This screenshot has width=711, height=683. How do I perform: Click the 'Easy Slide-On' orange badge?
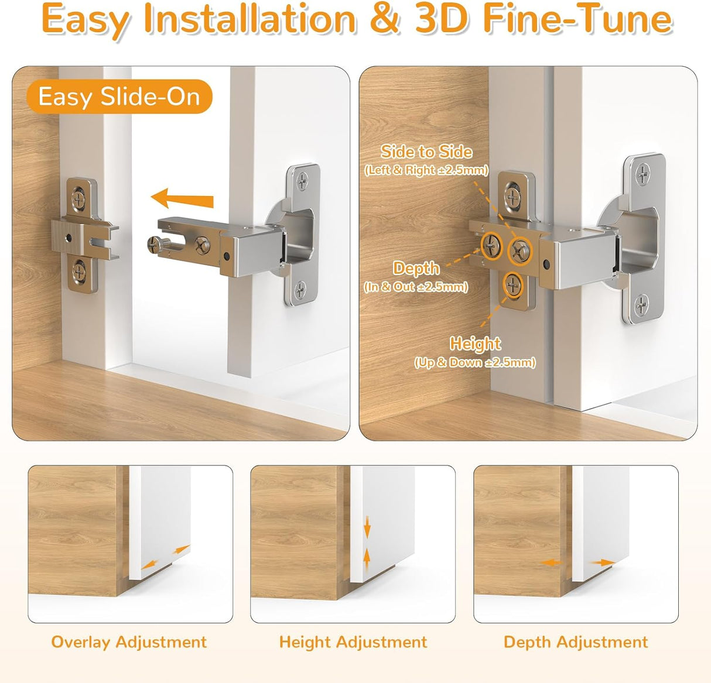point(119,97)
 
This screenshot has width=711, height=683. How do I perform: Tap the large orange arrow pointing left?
point(182,199)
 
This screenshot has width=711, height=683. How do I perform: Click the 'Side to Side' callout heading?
point(426,152)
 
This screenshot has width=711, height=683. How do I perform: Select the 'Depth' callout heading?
point(416,269)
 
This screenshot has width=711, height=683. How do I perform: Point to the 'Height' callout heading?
point(475,344)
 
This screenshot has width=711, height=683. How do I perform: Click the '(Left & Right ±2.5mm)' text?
point(426,170)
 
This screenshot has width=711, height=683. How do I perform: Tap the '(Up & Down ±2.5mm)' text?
point(475,362)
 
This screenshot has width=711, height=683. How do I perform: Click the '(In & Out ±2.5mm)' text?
point(416,287)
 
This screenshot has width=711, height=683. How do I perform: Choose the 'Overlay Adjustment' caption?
point(129,642)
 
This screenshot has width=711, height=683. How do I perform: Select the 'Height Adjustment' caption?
point(353,642)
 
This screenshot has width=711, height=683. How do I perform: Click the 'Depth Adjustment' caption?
point(576,642)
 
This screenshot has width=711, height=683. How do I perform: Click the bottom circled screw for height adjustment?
point(513,285)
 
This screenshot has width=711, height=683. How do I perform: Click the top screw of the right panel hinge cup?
point(643,173)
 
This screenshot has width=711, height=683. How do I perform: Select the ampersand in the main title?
point(385,19)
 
